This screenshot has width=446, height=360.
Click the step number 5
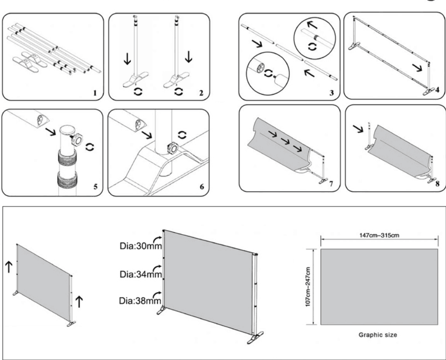click(x=95, y=186)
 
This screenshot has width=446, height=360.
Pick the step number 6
click(x=201, y=186)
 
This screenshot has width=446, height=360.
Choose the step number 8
click(x=438, y=183)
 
